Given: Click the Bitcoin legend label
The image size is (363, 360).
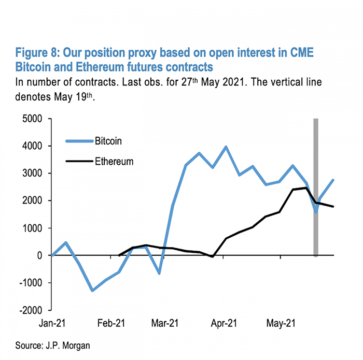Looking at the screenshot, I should [108, 140].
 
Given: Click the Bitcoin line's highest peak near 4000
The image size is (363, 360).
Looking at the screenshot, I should [226, 147].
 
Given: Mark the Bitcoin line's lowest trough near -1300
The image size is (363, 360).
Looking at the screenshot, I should [92, 290].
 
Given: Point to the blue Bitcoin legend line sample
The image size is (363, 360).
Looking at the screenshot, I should [78, 140].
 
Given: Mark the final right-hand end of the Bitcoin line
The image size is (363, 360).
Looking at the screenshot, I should [333, 180].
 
